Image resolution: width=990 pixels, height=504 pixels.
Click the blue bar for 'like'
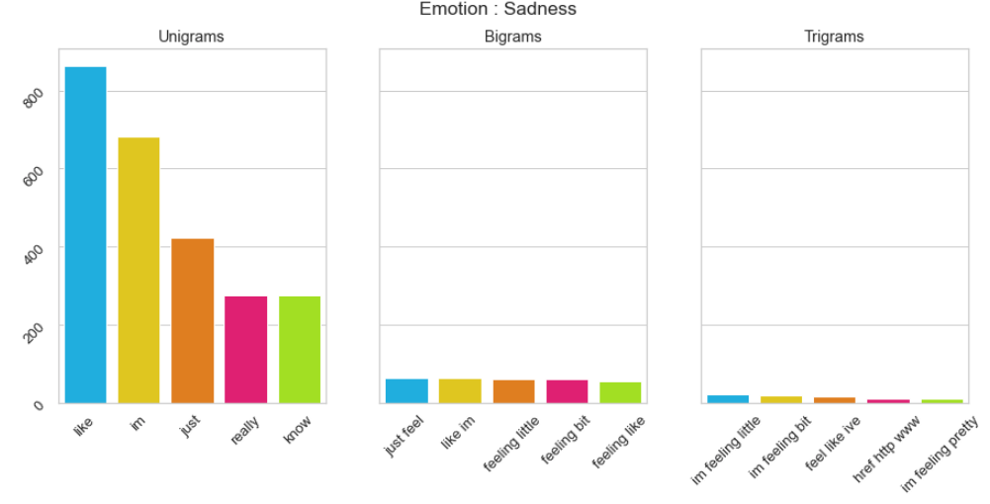pyautogui.click(x=85, y=235)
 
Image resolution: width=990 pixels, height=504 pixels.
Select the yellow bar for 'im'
pyautogui.click(x=138, y=270)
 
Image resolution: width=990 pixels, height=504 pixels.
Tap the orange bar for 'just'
pyautogui.click(x=192, y=321)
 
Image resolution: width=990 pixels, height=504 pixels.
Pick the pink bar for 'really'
pyautogui.click(x=245, y=350)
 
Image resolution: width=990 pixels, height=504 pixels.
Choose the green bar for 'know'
pyautogui.click(x=299, y=350)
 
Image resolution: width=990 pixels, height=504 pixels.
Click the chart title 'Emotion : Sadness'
pyautogui.click(x=497, y=10)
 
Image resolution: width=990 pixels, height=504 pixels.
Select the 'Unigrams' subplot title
pyautogui.click(x=191, y=37)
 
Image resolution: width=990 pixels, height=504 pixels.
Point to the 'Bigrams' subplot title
pyautogui.click(x=513, y=37)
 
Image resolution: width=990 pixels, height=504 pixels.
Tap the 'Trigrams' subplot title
pyautogui.click(x=834, y=37)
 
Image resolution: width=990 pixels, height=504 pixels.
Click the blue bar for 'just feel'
pyautogui.click(x=406, y=391)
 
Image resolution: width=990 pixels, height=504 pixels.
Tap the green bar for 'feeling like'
pyautogui.click(x=620, y=392)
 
